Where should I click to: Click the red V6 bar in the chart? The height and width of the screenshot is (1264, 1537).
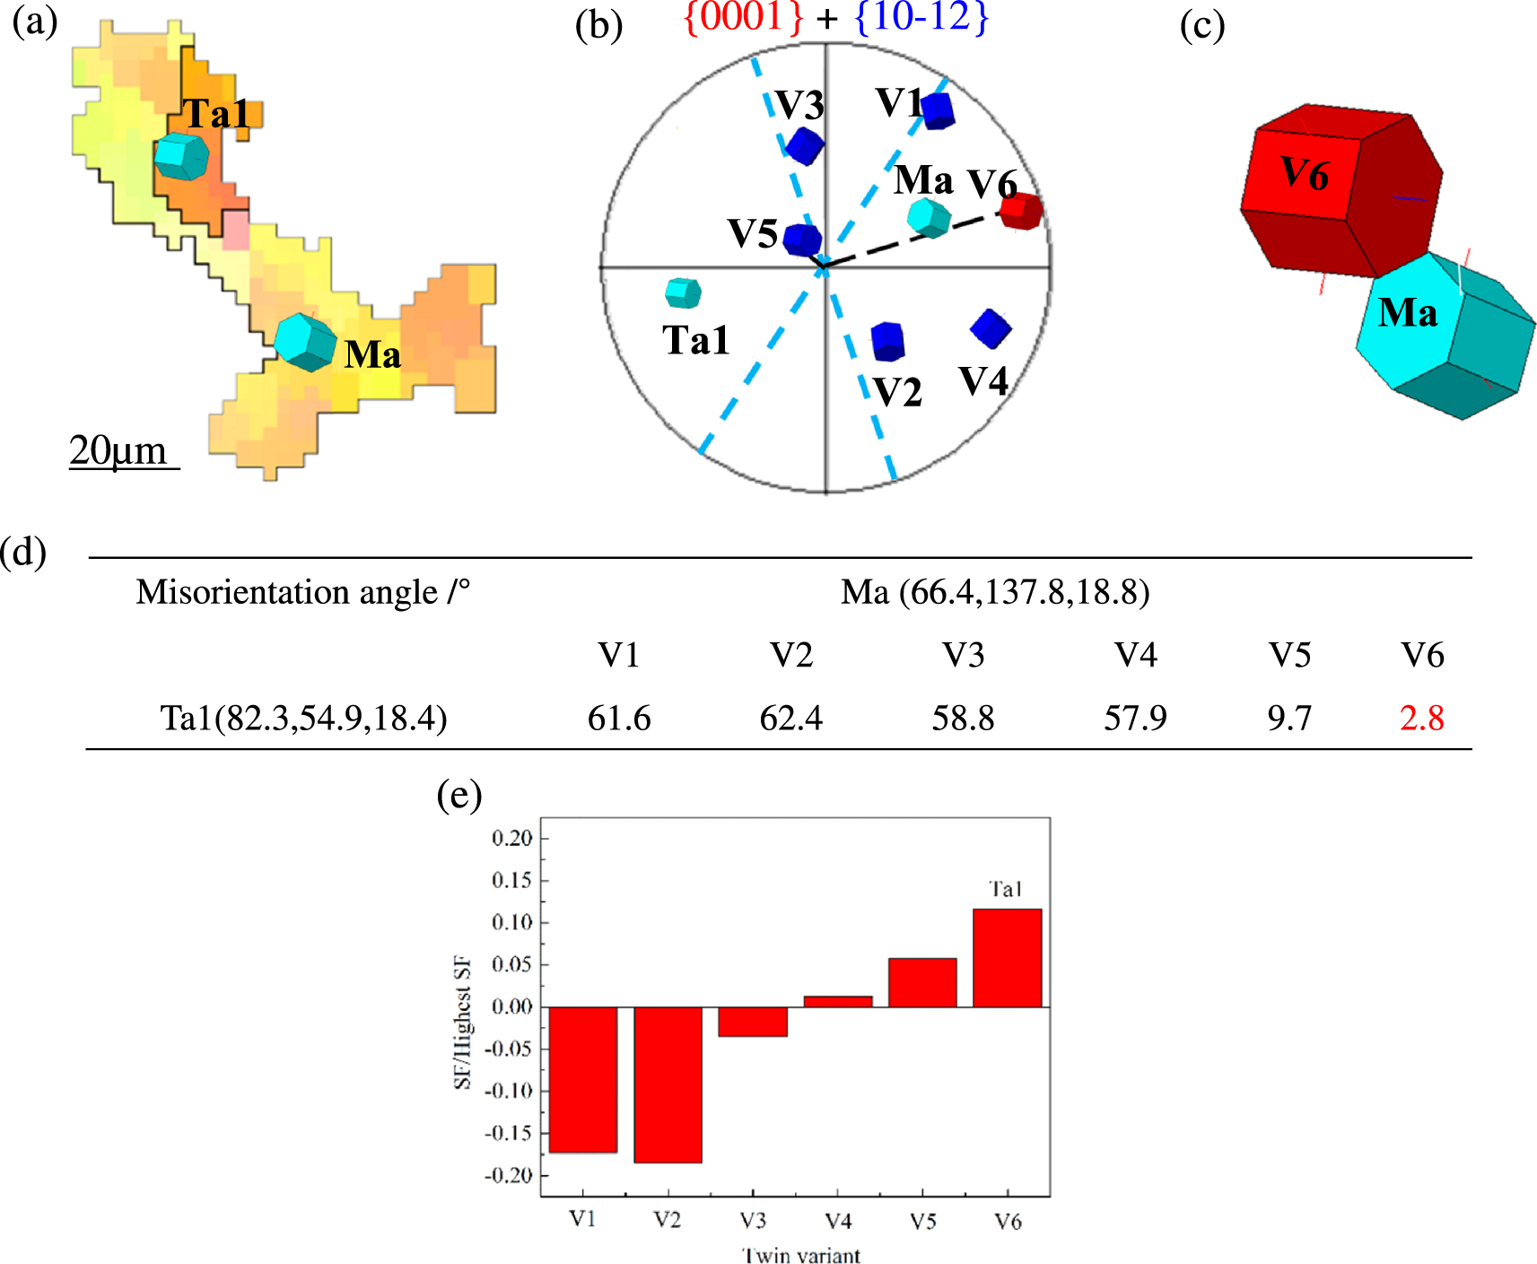point(1007,957)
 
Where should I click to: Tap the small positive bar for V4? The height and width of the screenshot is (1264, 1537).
point(838,1001)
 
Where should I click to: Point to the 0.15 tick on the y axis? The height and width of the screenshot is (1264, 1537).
point(512,880)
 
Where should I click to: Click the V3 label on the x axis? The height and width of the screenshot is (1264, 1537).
point(753,1220)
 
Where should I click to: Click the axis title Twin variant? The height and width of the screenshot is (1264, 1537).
point(801,1254)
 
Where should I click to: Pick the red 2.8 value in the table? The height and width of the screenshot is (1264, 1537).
point(1421,718)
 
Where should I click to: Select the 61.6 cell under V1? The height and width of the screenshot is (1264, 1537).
point(619,718)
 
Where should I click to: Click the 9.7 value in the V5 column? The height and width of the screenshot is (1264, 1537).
point(1289,718)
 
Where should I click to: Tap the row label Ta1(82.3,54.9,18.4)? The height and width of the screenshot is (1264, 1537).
point(303,718)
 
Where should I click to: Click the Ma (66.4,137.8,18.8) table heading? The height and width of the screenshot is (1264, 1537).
point(995,592)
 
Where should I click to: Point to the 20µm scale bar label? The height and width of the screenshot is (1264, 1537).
point(118,450)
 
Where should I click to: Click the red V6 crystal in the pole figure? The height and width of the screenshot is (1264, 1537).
point(1021,212)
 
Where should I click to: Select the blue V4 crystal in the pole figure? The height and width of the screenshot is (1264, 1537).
point(991,328)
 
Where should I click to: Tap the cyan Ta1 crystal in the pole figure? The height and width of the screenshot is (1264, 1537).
point(683,292)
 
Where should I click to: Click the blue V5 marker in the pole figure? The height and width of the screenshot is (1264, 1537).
point(802,240)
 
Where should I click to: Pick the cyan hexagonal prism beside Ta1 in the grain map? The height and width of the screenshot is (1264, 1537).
point(181,157)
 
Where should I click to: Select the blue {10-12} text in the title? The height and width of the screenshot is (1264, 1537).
point(921,18)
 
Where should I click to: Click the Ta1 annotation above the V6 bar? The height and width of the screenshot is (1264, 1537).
point(1005,889)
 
